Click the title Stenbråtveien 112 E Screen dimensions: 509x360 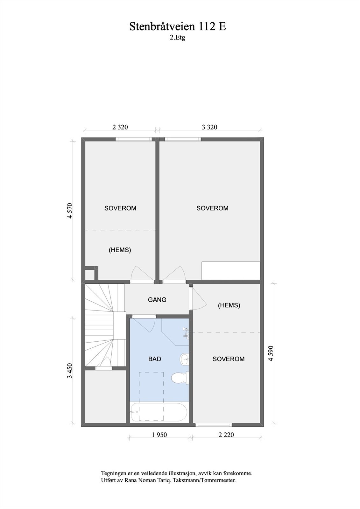(x=178, y=27)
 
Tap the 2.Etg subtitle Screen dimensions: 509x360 (x=177, y=38)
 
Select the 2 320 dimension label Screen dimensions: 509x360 (x=120, y=127)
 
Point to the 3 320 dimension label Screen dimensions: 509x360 (x=209, y=127)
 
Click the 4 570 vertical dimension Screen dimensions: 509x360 (x=70, y=211)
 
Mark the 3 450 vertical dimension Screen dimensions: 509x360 (x=70, y=371)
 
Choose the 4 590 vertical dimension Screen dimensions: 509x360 (x=271, y=353)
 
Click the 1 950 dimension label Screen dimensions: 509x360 (x=159, y=435)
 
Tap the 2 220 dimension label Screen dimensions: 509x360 (x=226, y=435)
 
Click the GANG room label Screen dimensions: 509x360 (x=157, y=300)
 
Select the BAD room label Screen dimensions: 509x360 (x=155, y=359)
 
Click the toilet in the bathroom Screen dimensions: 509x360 (x=180, y=379)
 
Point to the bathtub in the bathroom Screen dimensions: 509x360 (x=159, y=413)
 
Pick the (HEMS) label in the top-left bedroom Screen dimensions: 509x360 (x=120, y=250)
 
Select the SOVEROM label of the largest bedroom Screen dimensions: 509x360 (x=212, y=208)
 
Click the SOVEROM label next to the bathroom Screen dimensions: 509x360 (x=229, y=359)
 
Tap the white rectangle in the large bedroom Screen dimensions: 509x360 (x=231, y=270)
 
